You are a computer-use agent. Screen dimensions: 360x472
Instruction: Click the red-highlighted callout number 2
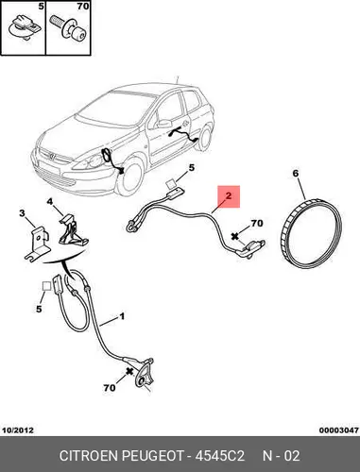pyautogui.click(x=229, y=195)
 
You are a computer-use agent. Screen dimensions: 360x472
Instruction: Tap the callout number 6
pyautogui.click(x=295, y=174)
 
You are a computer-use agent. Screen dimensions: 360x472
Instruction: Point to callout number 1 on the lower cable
pyautogui.click(x=122, y=316)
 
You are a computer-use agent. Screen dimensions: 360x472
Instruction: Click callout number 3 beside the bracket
pyautogui.click(x=22, y=213)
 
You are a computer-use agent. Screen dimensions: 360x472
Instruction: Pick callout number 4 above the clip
pyautogui.click(x=50, y=201)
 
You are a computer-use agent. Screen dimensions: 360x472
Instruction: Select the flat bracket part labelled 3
pyautogui.click(x=38, y=244)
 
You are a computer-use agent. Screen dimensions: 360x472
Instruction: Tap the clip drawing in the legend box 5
pyautogui.click(x=25, y=27)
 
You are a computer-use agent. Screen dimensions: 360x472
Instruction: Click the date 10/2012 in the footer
pyautogui.click(x=18, y=430)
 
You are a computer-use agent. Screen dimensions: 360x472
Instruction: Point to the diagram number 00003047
pyautogui.click(x=339, y=430)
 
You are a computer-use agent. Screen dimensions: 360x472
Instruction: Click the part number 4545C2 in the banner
pyautogui.click(x=220, y=456)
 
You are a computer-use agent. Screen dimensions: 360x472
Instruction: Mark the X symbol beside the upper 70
pyautogui.click(x=234, y=236)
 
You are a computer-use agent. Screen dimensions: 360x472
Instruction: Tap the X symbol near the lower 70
pyautogui.click(x=129, y=371)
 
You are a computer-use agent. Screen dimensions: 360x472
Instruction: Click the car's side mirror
pyautogui.click(x=163, y=123)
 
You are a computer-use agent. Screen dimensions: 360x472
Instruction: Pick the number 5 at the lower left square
pyautogui.click(x=39, y=309)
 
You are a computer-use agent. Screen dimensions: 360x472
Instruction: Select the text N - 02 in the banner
pyautogui.click(x=282, y=456)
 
